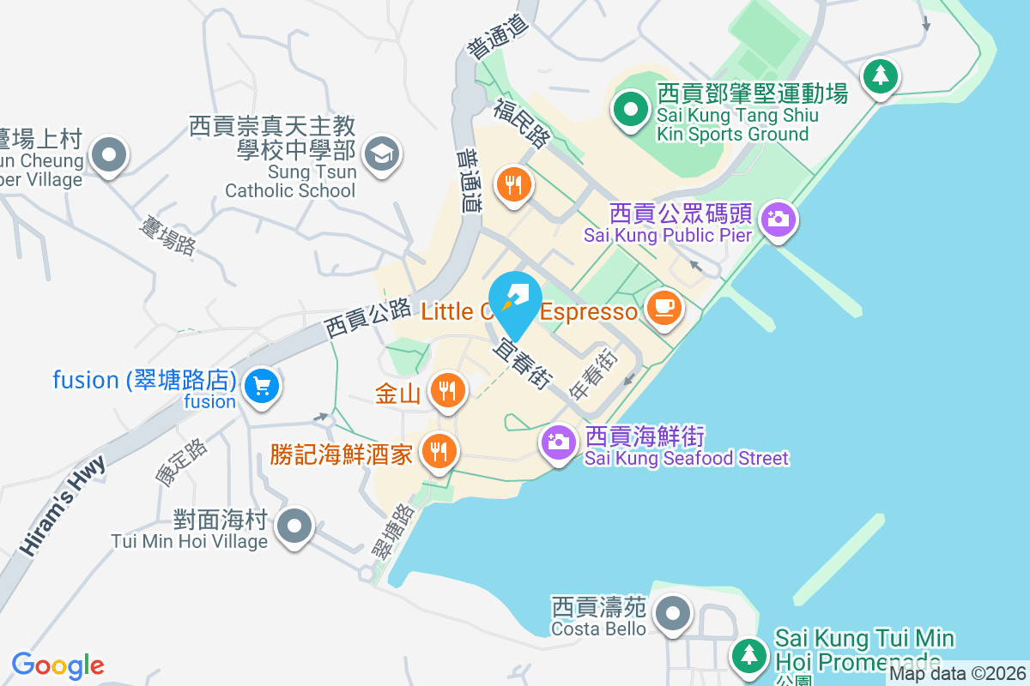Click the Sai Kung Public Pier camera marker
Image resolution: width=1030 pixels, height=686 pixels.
[778, 219]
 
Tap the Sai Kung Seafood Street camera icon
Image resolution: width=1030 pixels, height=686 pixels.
[558, 442]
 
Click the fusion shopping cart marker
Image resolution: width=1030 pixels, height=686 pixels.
[261, 386]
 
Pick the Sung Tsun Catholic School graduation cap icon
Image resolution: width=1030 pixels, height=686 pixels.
[380, 154]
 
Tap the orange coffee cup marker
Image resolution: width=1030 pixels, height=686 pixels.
[663, 307]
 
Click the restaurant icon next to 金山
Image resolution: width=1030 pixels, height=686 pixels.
[446, 389]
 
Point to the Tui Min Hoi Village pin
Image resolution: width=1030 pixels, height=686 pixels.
[296, 525]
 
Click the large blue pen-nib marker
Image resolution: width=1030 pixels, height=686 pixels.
[515, 300]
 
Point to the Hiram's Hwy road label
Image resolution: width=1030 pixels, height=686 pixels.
[64, 506]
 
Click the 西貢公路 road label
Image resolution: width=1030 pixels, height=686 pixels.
[368, 318]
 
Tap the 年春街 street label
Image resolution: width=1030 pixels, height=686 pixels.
[593, 374]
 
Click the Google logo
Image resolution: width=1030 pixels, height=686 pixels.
[58, 665]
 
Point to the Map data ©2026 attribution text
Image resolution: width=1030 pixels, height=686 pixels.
[957, 674]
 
